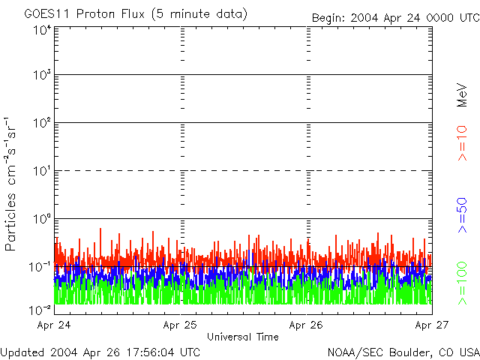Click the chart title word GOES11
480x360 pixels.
click(x=44, y=14)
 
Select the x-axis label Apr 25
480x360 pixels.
click(x=181, y=325)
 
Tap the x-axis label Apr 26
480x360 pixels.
click(x=306, y=325)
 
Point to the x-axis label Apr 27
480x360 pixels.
click(x=431, y=325)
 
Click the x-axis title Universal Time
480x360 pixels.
click(x=243, y=337)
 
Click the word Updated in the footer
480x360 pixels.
click(x=23, y=352)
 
